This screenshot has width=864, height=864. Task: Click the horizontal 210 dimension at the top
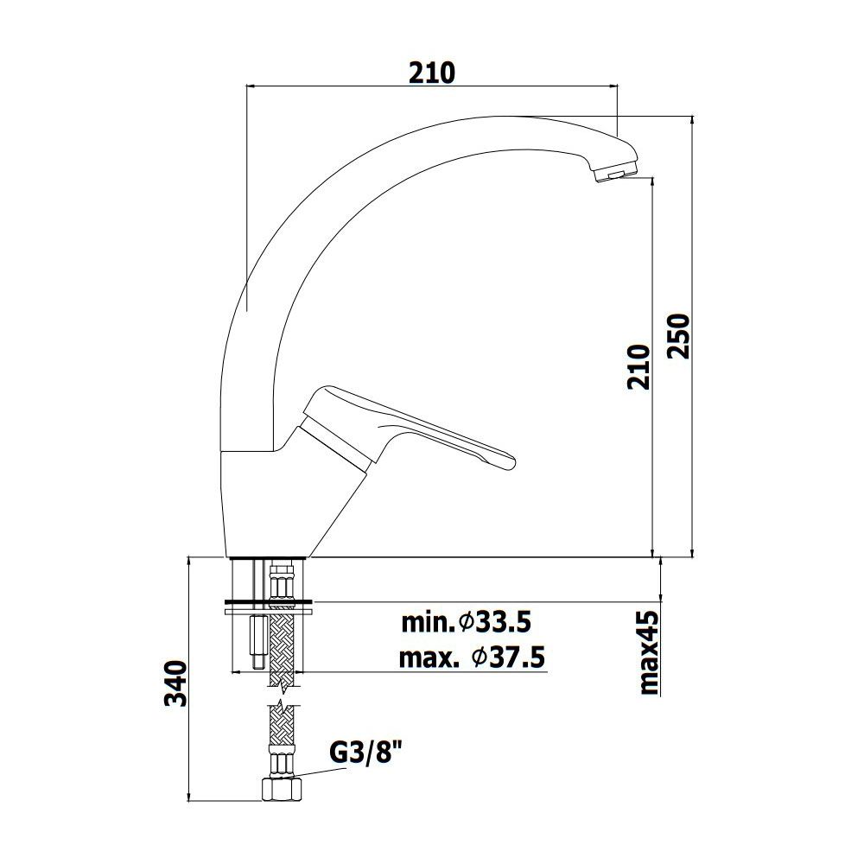point(432,73)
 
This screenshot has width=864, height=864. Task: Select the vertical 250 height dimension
point(678,336)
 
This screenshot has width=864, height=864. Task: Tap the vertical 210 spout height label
point(638,367)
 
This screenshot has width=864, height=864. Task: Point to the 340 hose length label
point(176,683)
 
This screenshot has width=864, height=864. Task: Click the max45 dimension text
point(648,652)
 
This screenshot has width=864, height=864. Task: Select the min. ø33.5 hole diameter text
point(466,623)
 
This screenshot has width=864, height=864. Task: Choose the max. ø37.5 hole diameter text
point(472,658)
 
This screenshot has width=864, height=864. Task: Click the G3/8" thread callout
point(364,753)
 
